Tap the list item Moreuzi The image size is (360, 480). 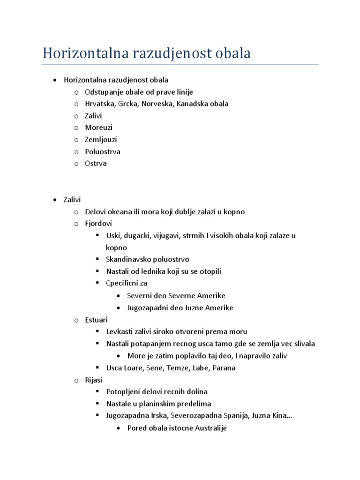pos(98,127)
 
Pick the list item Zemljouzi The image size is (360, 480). pos(101,140)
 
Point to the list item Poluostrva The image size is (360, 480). pos(102,152)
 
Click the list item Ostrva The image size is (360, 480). pos(96,164)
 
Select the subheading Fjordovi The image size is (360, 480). pos(98,224)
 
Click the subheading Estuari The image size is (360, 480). pos(96,320)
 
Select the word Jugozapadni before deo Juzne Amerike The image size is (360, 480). pos(148,308)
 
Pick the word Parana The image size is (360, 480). pos(224,368)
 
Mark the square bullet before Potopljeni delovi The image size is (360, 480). pos(97,391)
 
